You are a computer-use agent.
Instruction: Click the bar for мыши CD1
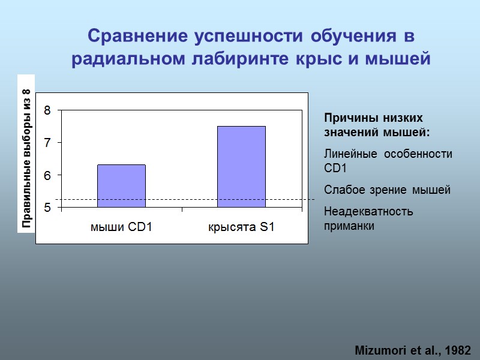pyautogui.click(x=121, y=186)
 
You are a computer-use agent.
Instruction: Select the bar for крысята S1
pyautogui.click(x=241, y=167)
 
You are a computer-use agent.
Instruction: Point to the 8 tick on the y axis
pyautogui.click(x=47, y=110)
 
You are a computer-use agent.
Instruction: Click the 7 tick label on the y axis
pyautogui.click(x=47, y=143)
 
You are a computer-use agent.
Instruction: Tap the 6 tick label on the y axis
pyautogui.click(x=47, y=175)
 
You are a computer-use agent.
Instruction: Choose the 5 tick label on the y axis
pyautogui.click(x=47, y=208)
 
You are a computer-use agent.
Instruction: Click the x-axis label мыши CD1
pyautogui.click(x=121, y=227)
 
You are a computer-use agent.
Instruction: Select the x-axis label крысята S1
pyautogui.click(x=241, y=227)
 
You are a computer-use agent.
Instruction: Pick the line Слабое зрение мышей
pyautogui.click(x=387, y=190)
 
